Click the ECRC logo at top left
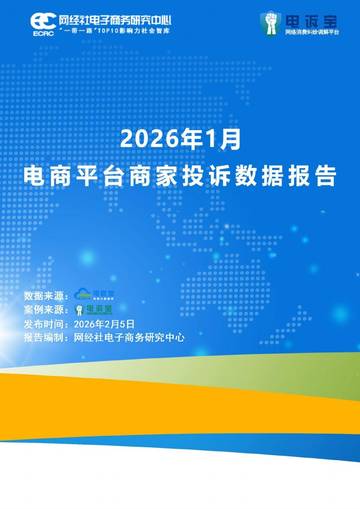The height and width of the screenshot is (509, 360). pos(43,22)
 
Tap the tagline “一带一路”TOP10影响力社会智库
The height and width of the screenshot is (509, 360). pos(116,32)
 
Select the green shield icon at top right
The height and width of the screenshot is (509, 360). pos(269,21)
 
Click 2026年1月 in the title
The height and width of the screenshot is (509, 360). pos(181,135)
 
